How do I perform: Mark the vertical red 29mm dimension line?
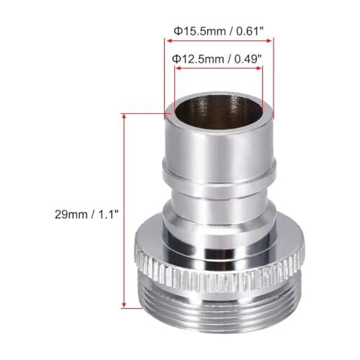(125, 209)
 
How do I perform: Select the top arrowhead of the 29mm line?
(125, 114)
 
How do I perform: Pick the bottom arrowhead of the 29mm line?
(125, 305)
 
